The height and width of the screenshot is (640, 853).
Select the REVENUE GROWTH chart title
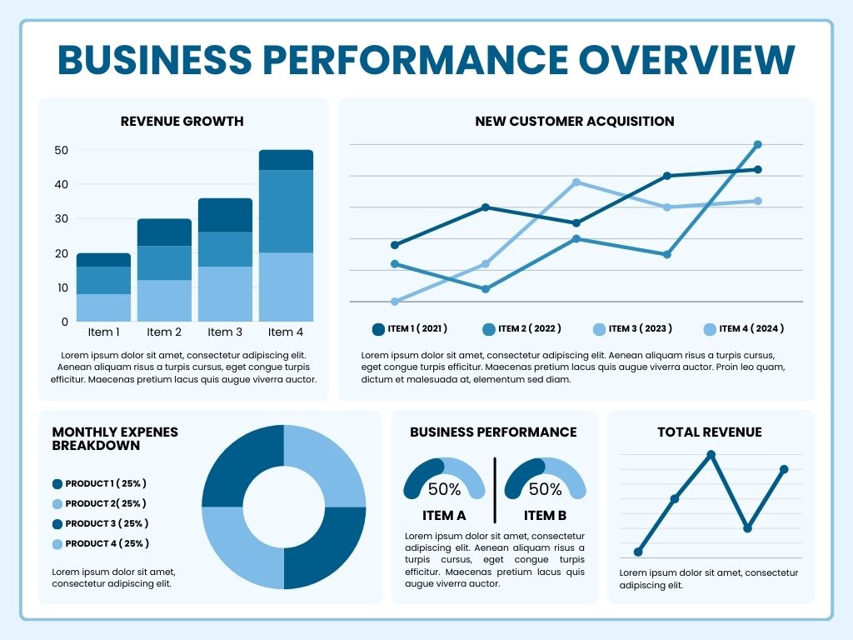(182, 122)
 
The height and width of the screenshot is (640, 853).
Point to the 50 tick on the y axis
(60, 151)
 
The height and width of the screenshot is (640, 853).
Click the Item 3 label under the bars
(225, 332)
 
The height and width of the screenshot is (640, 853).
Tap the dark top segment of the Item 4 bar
(286, 160)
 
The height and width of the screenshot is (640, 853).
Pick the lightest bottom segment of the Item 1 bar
(103, 307)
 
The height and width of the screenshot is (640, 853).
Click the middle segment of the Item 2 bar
(164, 262)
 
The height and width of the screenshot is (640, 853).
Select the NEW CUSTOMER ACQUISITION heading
(575, 122)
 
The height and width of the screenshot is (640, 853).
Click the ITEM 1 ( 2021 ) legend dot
(379, 329)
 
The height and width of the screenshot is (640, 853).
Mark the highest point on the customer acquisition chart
(758, 145)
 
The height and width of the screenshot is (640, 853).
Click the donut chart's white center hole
(283, 507)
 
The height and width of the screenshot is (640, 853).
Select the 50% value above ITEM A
(444, 489)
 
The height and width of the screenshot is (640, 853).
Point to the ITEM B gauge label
(545, 516)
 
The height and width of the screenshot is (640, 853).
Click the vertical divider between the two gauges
(495, 489)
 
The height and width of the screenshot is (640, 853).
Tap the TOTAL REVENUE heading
(710, 432)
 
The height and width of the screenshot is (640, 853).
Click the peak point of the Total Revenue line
(711, 455)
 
